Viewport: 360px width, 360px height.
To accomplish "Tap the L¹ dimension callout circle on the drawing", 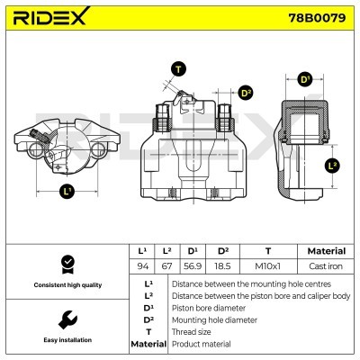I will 67,192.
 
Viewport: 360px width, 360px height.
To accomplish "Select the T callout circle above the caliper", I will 178,69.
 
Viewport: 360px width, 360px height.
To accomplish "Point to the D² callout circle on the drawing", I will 246,93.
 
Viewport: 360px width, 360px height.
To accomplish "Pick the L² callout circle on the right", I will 332,166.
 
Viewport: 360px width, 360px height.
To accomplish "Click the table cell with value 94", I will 141,266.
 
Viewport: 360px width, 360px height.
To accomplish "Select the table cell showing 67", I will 167,266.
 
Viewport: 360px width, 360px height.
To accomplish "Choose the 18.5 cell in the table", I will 221,266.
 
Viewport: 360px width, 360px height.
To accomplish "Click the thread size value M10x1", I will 268,266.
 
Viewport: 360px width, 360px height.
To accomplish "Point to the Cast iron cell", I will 326,266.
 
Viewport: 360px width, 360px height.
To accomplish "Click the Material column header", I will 326,251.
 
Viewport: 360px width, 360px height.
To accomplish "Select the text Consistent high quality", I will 66,284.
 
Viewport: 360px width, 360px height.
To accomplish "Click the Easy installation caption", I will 66,339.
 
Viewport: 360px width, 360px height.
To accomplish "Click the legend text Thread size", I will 193,331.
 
